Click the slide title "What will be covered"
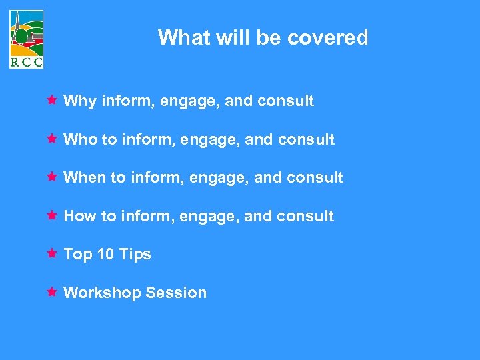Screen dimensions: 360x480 [x=263, y=37]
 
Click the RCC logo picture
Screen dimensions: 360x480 [x=27, y=33]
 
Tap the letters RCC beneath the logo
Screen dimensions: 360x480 [x=27, y=63]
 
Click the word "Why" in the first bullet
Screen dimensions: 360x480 [x=79, y=101]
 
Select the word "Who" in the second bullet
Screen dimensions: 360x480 [x=80, y=139]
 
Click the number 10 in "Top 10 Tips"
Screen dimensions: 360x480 [x=106, y=254]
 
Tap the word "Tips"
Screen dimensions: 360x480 [x=135, y=254]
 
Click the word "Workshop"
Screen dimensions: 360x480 [x=102, y=293]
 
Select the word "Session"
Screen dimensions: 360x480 [x=176, y=293]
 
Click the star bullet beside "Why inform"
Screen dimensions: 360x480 [x=51, y=101]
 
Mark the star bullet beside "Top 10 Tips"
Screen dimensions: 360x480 [x=51, y=253]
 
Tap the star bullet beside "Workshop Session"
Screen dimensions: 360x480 [x=51, y=292]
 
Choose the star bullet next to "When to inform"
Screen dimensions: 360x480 [x=51, y=177]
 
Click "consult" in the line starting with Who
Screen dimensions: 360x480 [x=307, y=139]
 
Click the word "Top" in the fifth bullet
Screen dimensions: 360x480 [x=77, y=255]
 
